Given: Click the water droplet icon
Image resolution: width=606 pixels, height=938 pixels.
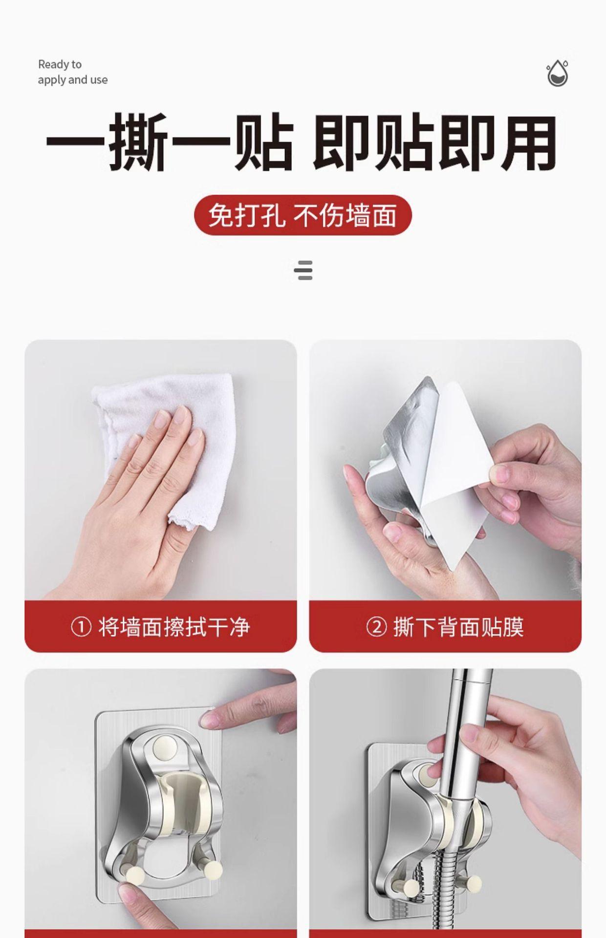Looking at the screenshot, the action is (x=557, y=73).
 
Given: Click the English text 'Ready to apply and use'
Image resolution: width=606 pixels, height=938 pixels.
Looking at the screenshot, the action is (x=73, y=72).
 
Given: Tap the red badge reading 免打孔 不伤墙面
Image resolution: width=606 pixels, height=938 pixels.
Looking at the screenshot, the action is (x=303, y=215).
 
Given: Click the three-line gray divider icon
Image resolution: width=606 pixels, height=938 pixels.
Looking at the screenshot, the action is (x=303, y=271).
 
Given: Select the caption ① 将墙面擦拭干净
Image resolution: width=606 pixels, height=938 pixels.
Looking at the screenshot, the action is (x=161, y=627).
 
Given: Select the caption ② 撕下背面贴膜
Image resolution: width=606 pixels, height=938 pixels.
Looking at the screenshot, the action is (x=445, y=627).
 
